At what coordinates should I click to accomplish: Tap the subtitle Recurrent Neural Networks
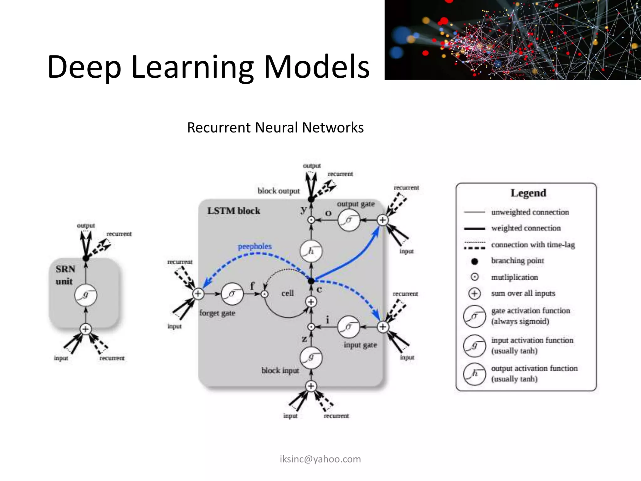pos(275,127)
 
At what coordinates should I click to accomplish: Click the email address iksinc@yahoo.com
pos(320,459)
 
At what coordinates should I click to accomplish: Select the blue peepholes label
pos(255,246)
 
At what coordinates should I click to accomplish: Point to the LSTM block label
pos(233,211)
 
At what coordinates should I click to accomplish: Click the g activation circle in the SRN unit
pos(86,295)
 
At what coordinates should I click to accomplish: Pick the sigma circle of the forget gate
pos(232,294)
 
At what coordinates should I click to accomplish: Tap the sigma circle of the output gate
pos(349,220)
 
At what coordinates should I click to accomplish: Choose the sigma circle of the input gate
pos(349,327)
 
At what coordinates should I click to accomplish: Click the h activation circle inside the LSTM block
pos(311,251)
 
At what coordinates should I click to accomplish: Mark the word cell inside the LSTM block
pos(287,293)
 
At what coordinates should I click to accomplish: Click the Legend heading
pos(528,193)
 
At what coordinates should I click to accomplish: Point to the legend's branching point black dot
pos(474,261)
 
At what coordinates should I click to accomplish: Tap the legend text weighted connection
pos(526,228)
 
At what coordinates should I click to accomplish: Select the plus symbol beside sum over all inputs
pos(474,293)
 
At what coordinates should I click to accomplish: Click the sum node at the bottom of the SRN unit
pos(86,329)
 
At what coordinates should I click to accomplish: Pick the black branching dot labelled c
pos(311,281)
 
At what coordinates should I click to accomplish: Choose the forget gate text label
pos(217,313)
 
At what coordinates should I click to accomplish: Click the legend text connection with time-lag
pos(533,245)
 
